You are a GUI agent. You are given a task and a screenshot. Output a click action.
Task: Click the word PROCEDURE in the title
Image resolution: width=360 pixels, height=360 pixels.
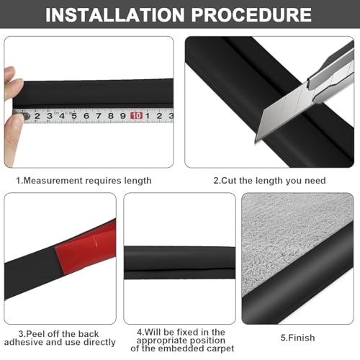[256, 16]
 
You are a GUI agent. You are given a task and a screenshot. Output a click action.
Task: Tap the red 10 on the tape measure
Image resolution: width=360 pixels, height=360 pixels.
[135, 114]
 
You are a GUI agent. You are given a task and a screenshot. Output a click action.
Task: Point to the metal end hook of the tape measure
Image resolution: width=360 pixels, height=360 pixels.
[24, 115]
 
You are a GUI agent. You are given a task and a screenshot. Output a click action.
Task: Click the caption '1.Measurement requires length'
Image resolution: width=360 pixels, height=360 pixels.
[84, 180]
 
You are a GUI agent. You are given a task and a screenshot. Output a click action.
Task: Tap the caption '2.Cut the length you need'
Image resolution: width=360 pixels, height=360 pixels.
[269, 180]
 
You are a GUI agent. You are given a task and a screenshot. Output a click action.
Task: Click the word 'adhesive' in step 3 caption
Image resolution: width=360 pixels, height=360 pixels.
[32, 343]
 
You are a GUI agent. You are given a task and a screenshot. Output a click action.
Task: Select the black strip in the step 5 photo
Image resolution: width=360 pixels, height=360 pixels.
[317, 288]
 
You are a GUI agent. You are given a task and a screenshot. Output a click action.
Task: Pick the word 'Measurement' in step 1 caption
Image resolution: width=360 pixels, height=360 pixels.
[54, 180]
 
